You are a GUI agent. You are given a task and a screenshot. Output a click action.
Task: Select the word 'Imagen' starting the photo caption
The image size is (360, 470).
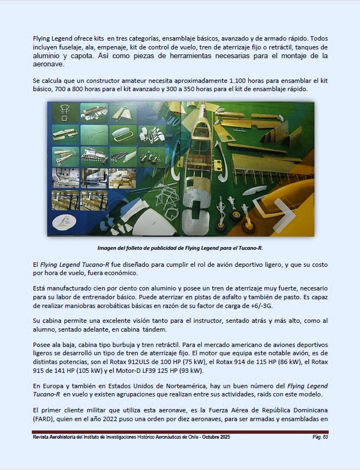[x=108, y=248]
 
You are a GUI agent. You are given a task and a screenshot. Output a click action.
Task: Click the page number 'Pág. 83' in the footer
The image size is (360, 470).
[x=320, y=438]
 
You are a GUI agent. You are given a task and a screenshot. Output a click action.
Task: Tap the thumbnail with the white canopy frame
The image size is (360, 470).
[x=122, y=133]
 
